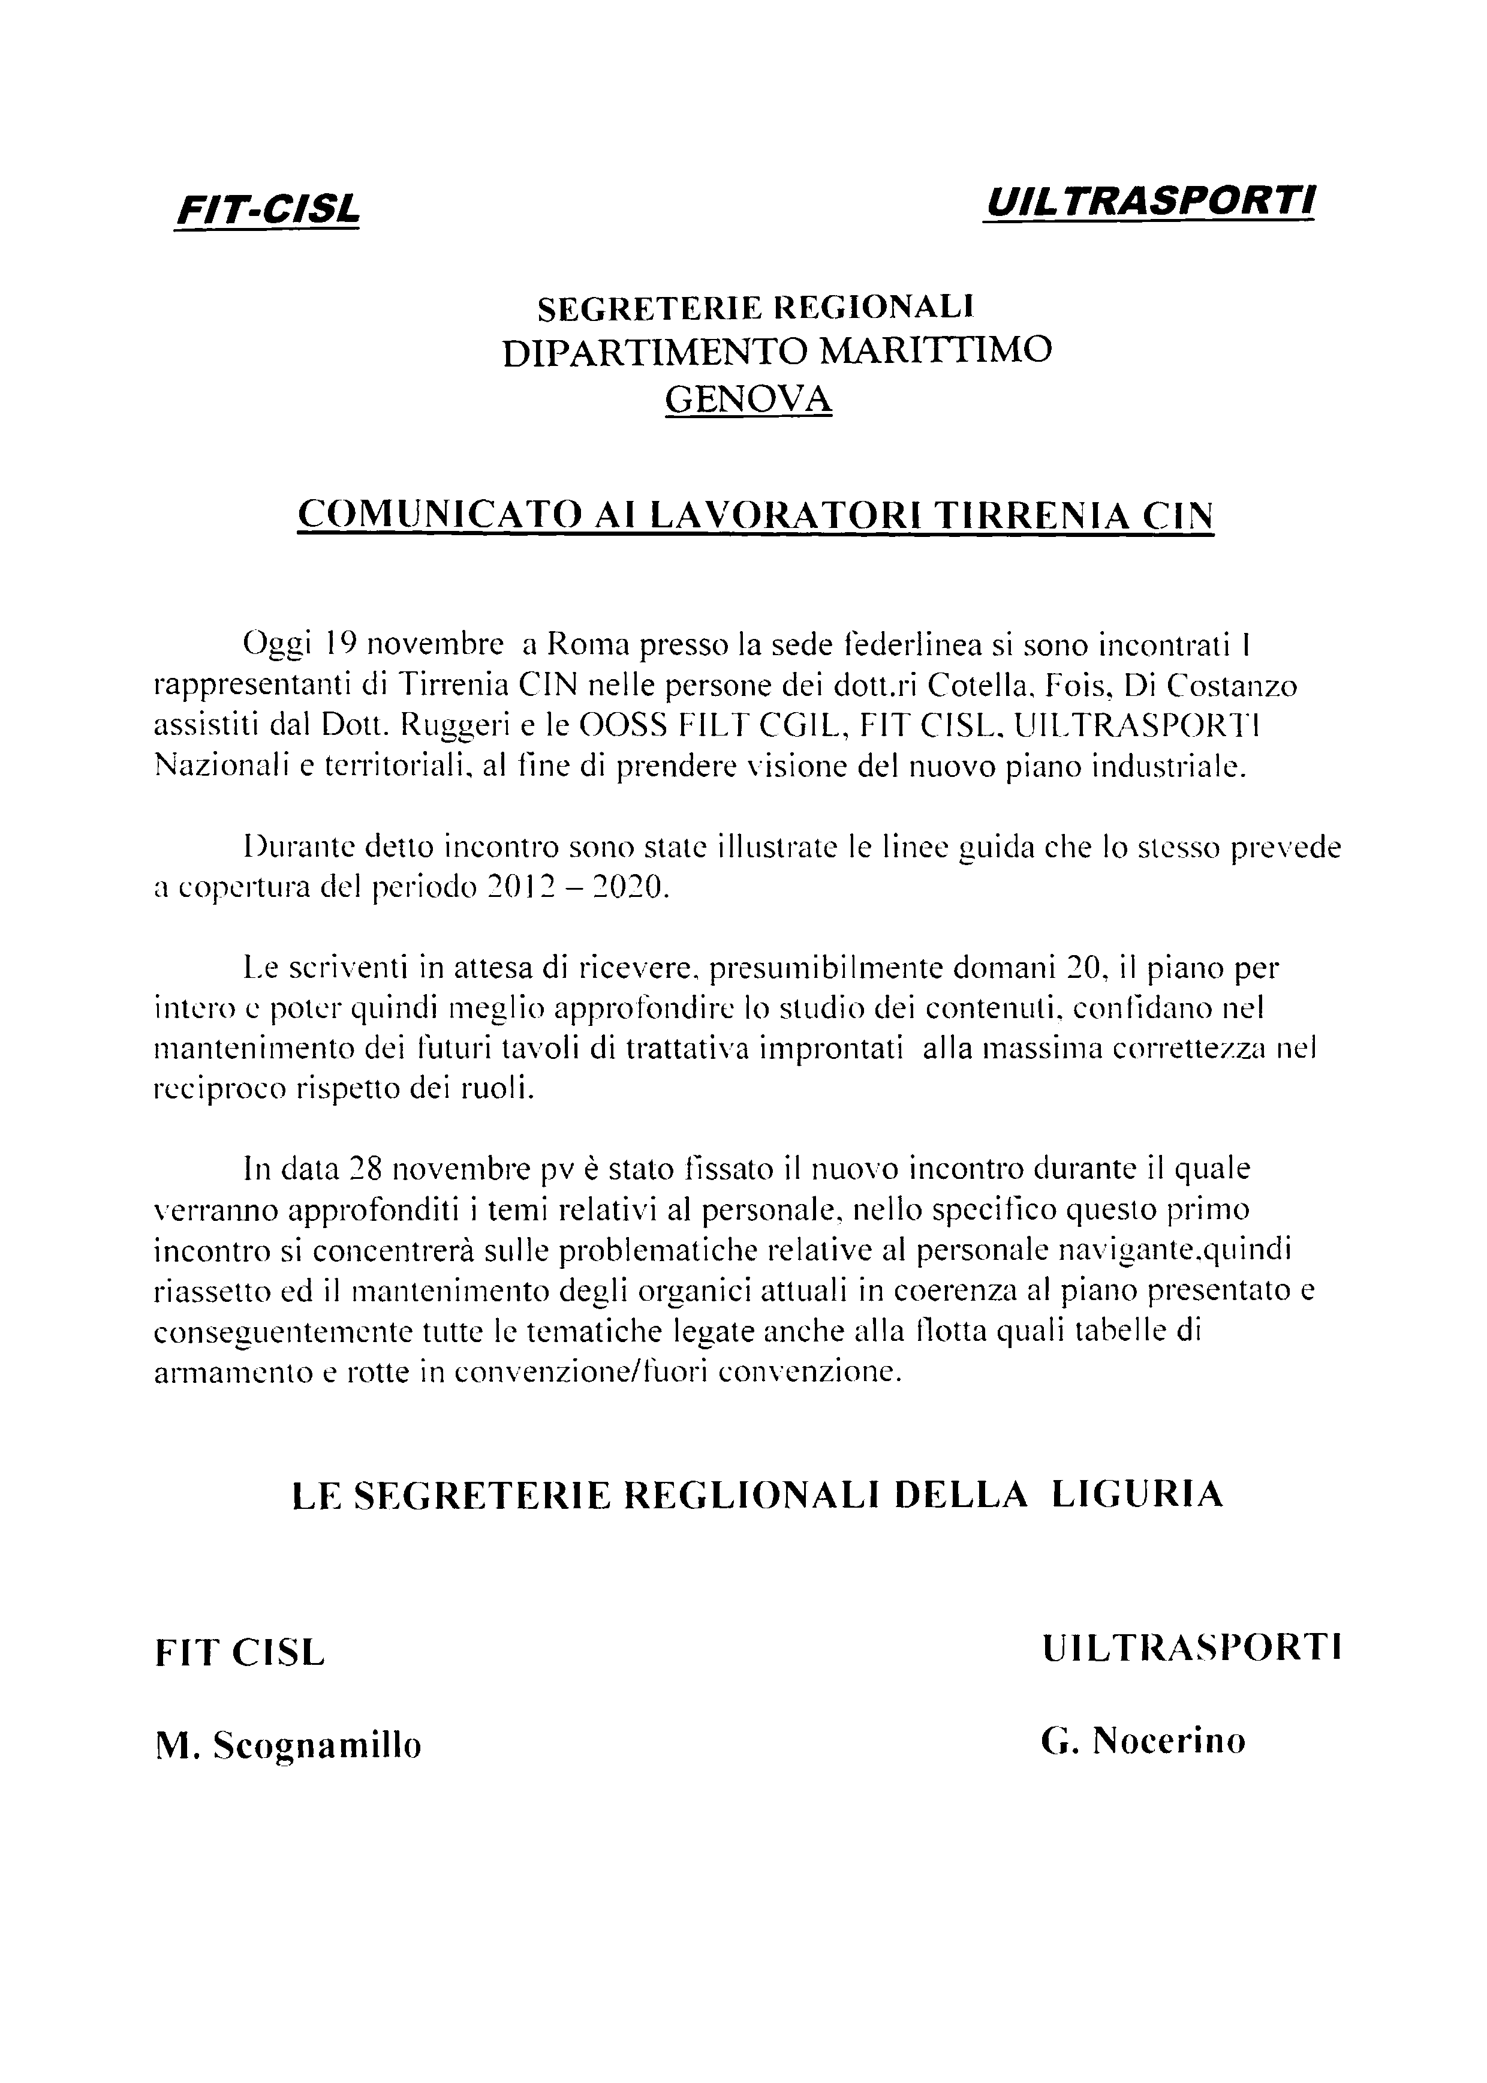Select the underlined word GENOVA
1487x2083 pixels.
[748, 398]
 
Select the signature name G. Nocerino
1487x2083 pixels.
[1143, 1739]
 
